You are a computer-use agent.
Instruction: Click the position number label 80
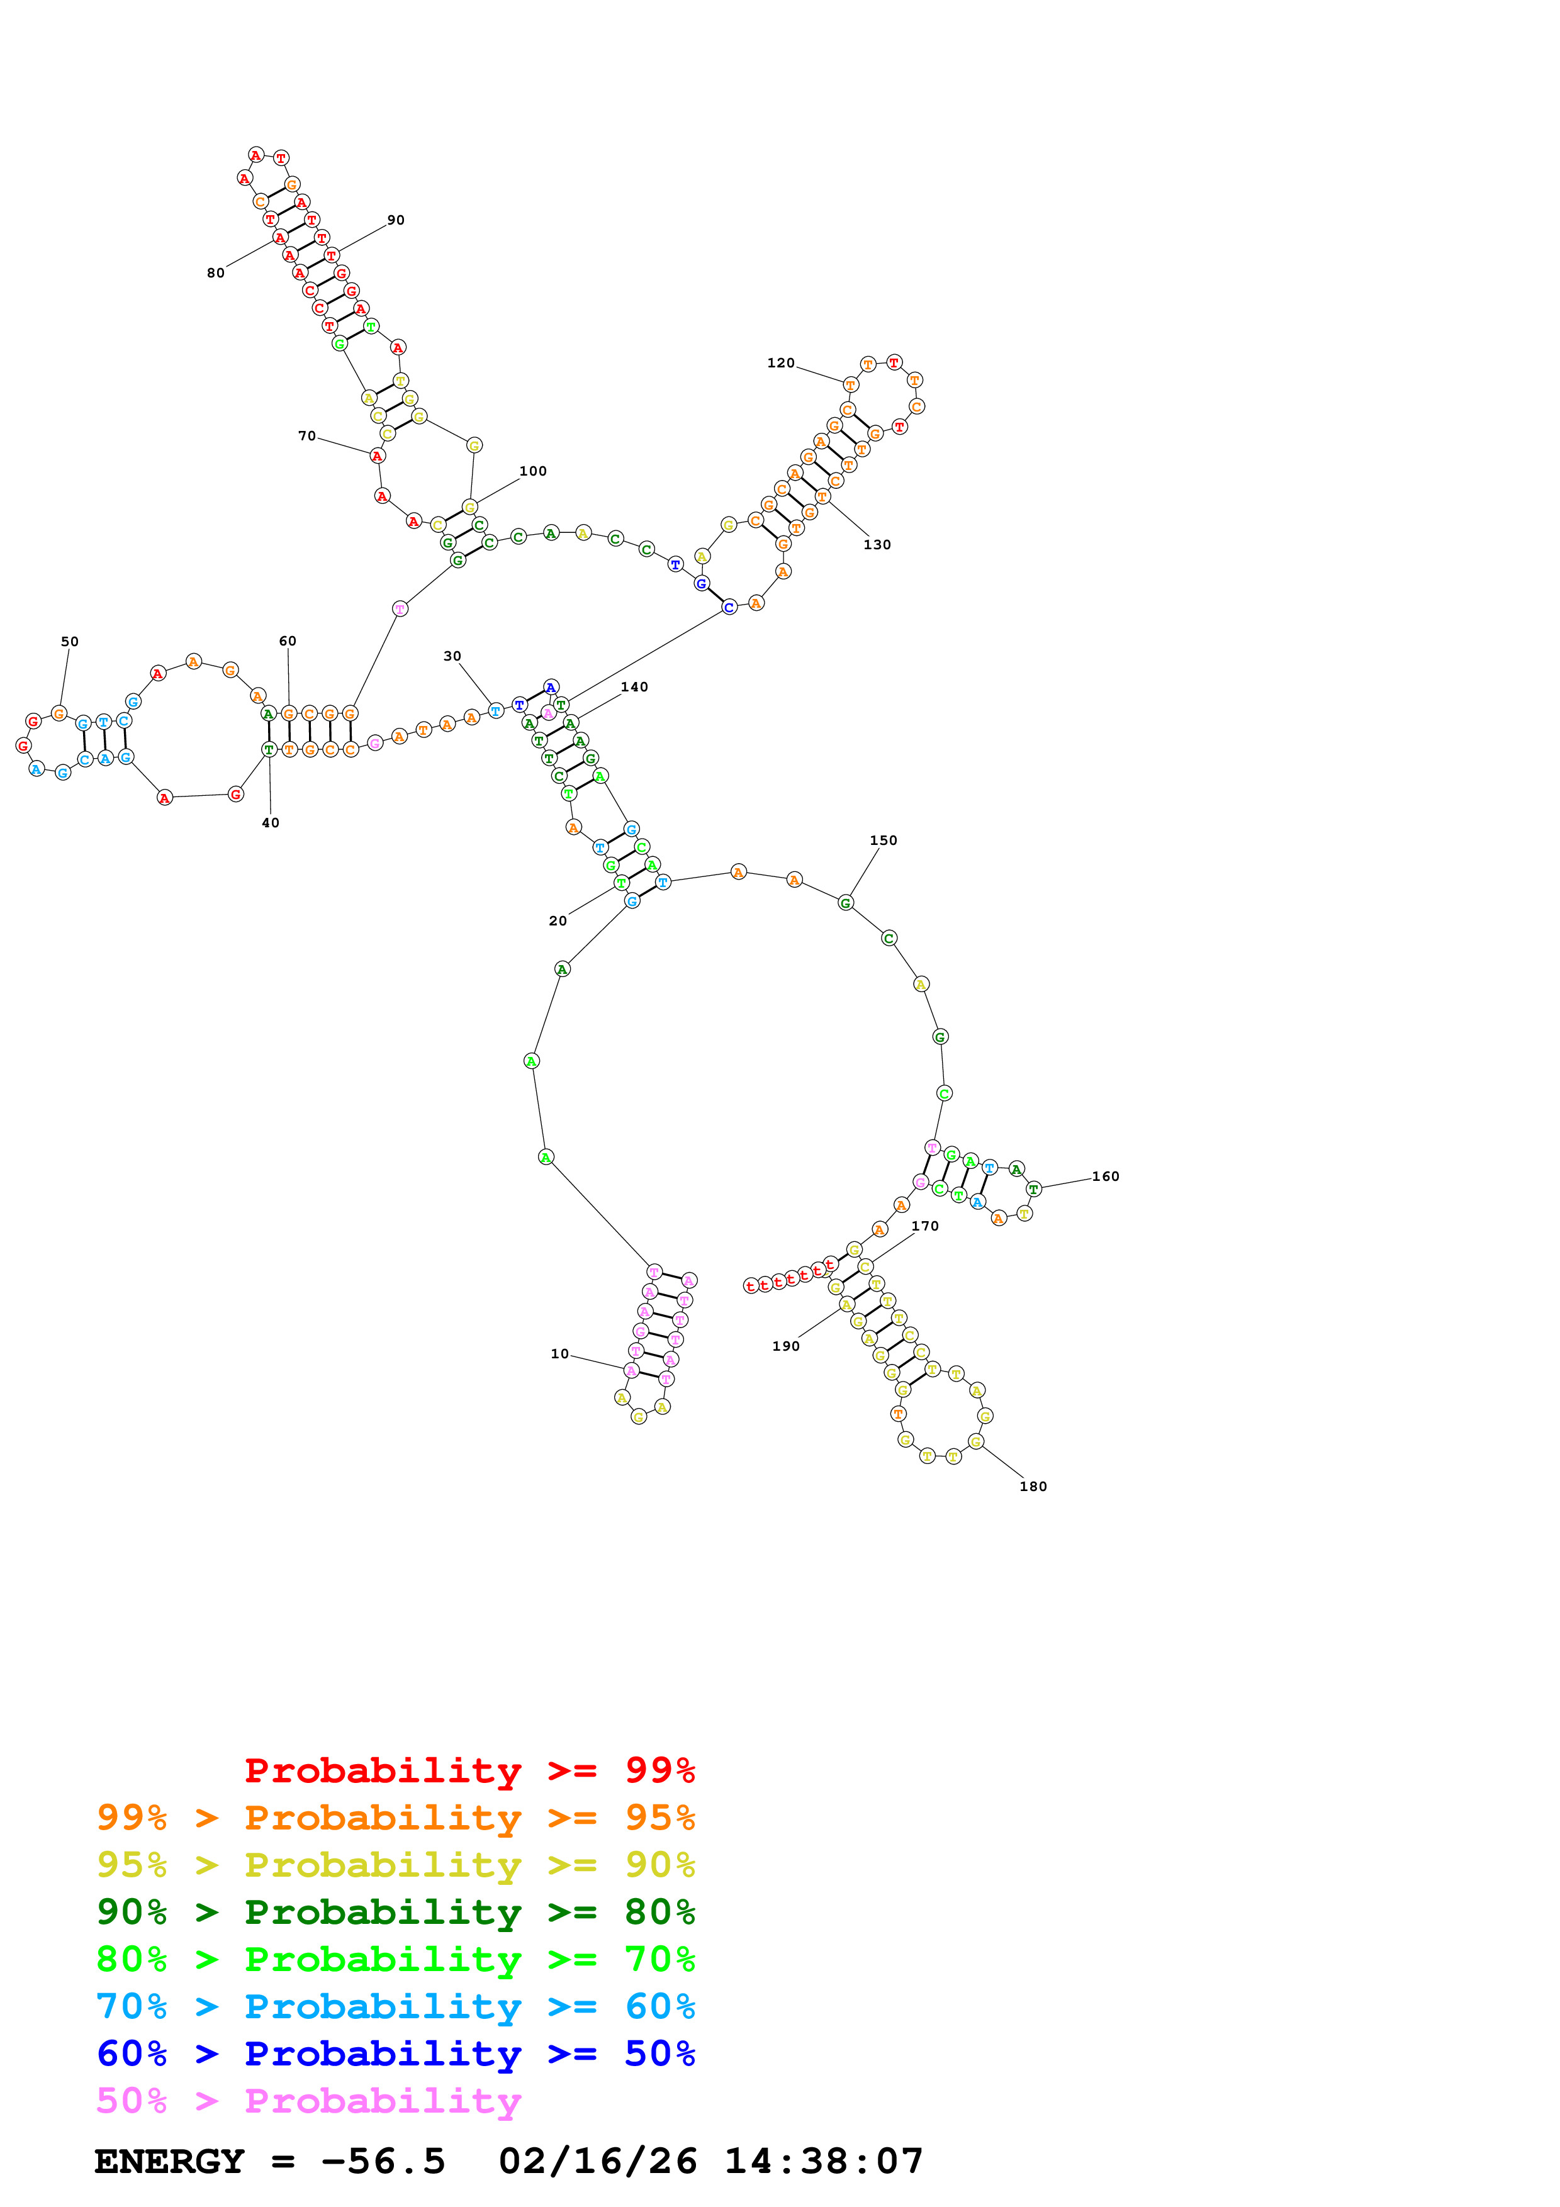tap(215, 273)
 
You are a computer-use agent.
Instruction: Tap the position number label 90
tap(396, 220)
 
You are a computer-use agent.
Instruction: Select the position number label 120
tap(780, 364)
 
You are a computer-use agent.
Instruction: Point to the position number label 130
tap(877, 545)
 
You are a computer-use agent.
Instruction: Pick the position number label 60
tap(288, 641)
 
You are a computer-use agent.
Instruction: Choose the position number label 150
tap(884, 840)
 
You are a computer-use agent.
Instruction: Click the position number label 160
tap(1106, 1176)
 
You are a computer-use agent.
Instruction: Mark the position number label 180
tap(1033, 1486)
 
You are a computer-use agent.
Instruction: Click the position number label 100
tap(532, 471)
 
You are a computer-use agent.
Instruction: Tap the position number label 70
tap(306, 437)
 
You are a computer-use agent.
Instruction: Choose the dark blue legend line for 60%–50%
tap(396, 2054)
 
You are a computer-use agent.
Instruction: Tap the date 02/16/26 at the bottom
tap(598, 2162)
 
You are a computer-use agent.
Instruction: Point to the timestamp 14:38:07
tap(824, 2162)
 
